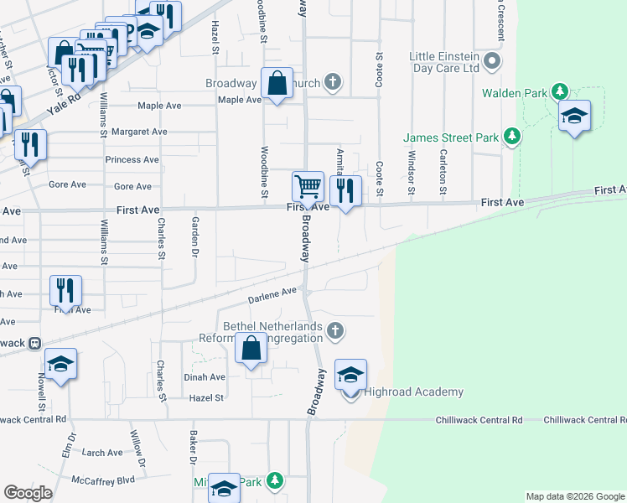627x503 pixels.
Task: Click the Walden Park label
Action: [x=515, y=93]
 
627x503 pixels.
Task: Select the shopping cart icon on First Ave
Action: [x=308, y=187]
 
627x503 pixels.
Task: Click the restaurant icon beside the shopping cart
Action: [x=345, y=191]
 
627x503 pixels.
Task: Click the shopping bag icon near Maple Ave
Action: [x=277, y=84]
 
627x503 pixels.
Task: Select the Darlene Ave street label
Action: [x=272, y=295]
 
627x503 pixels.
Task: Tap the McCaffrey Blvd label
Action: [x=103, y=480]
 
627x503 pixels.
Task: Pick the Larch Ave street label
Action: [x=102, y=453]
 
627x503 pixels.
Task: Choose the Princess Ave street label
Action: [x=132, y=159]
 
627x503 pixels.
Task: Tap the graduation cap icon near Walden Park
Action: [x=574, y=116]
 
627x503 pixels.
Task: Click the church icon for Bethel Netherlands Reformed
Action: [x=334, y=329]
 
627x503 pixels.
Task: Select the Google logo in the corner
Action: [x=28, y=493]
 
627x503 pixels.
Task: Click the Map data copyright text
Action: [x=574, y=496]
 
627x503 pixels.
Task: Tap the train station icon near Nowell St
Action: [x=34, y=343]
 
